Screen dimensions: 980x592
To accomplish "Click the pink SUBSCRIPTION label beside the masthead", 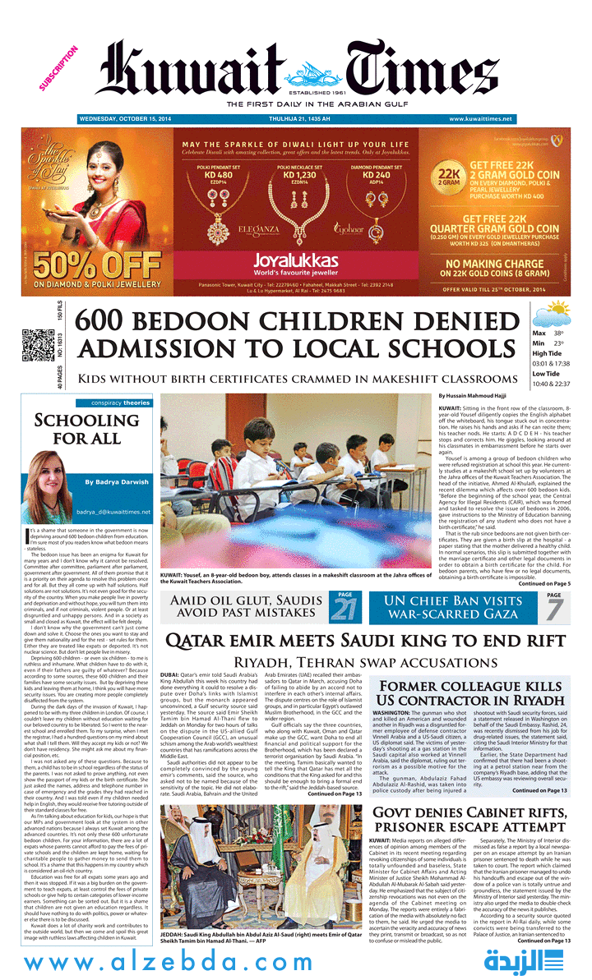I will [x=58, y=68].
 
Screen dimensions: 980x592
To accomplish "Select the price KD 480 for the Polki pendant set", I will [x=219, y=175].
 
